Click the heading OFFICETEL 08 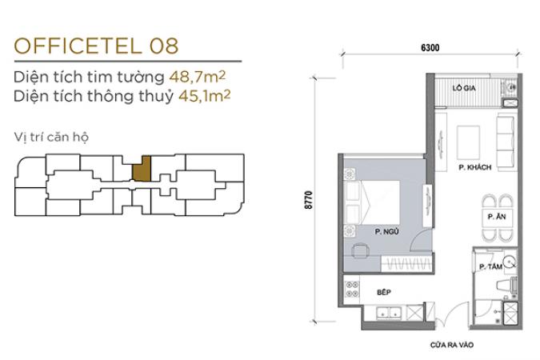click(97, 46)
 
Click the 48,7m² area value click(198, 77)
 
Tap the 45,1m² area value click(204, 96)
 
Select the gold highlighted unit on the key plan click(142, 169)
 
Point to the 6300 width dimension click(430, 47)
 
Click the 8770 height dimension click(309, 200)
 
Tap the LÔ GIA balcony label click(464, 88)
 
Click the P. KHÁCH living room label click(475, 167)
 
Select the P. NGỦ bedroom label click(386, 232)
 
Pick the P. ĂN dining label click(497, 217)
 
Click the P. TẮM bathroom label click(490, 266)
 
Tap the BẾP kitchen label click(384, 292)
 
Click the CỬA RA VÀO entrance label click(451, 345)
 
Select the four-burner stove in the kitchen click(352, 289)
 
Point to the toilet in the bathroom click(506, 285)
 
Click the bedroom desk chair click(360, 250)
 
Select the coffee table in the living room click(468, 142)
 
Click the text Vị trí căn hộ click(51, 137)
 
